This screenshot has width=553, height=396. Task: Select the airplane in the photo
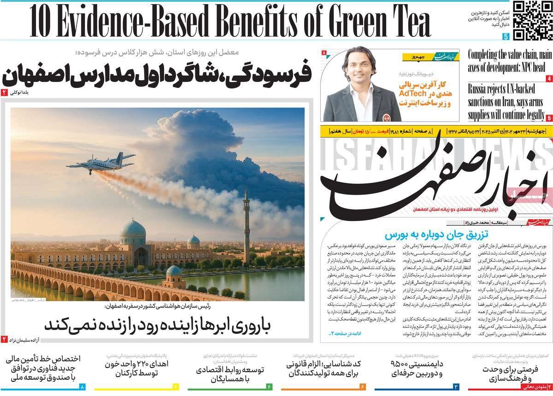pyautogui.click(x=100, y=162)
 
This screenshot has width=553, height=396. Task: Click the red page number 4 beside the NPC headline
pyautogui.click(x=549, y=78)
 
